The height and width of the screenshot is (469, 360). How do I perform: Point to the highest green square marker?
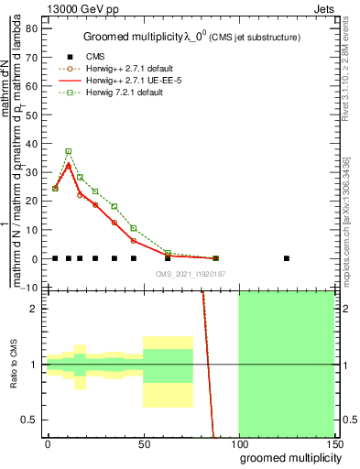[x=68, y=151]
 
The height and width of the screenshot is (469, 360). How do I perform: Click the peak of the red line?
[x=68, y=166]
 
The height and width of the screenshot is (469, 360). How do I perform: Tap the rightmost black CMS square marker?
[x=287, y=258]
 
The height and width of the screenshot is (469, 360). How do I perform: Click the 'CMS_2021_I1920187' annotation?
[x=191, y=274]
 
